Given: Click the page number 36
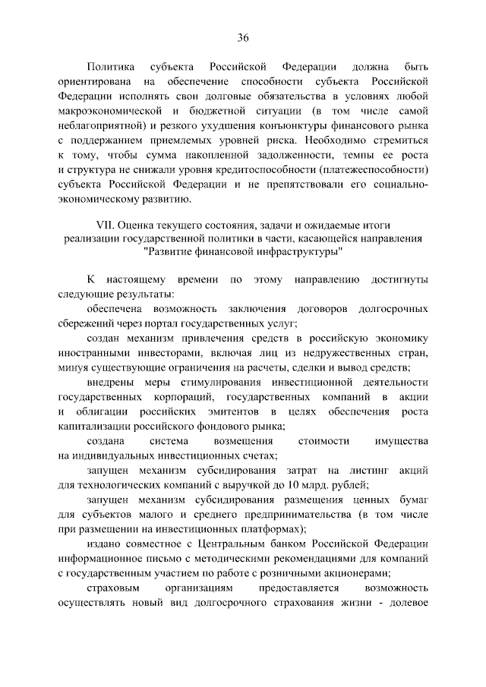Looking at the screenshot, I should pos(243,38).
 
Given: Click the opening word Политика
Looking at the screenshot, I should pos(111,67).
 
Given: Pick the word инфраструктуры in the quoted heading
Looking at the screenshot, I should pos(302,254).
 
